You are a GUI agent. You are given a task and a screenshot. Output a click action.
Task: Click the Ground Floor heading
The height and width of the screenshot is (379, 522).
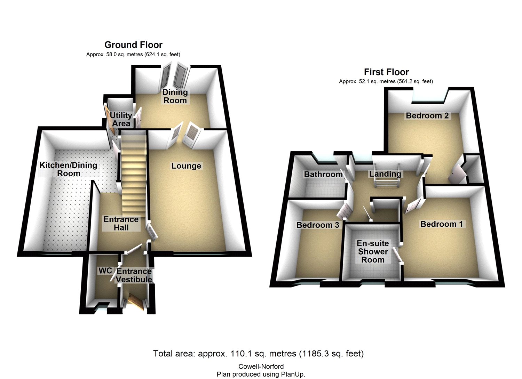pyautogui.click(x=133, y=45)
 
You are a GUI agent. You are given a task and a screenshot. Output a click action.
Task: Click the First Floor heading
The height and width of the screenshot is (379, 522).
pyautogui.click(x=386, y=72)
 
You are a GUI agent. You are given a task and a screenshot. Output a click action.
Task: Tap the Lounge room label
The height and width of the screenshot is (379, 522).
pyautogui.click(x=186, y=166)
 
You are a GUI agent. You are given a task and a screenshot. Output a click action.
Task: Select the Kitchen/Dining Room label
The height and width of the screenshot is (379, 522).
pyautogui.click(x=68, y=169)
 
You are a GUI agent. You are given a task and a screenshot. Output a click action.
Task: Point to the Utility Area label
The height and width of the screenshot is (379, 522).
pyautogui.click(x=121, y=119)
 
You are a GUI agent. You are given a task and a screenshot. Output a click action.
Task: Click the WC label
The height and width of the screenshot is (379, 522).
pyautogui.click(x=105, y=271)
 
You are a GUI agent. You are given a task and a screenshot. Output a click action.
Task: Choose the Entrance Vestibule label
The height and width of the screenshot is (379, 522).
pyautogui.click(x=134, y=275)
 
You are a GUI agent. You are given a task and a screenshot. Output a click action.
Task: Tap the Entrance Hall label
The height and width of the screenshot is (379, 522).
pyautogui.click(x=121, y=223)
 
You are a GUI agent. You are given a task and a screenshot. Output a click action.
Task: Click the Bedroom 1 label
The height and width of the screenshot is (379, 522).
pyautogui.click(x=442, y=224)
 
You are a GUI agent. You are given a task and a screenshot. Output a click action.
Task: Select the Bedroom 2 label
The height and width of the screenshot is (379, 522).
pyautogui.click(x=427, y=115)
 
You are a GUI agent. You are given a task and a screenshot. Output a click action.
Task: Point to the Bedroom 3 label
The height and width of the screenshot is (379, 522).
pyautogui.click(x=318, y=225)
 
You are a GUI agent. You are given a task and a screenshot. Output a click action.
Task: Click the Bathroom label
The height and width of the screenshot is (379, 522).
pyautogui.click(x=323, y=174)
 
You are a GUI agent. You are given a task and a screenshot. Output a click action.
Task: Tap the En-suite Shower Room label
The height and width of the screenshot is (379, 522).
pyautogui.click(x=373, y=251)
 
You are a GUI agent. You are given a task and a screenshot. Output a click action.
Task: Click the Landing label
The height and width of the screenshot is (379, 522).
pyautogui.click(x=385, y=174)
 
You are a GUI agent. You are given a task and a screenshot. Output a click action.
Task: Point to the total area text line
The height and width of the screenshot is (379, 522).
pyautogui.click(x=258, y=353)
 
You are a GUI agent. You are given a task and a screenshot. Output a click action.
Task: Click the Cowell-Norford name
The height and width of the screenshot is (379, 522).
pyautogui.click(x=261, y=366)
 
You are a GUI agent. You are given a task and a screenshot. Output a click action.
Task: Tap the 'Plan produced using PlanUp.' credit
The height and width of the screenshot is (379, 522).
pyautogui.click(x=261, y=374)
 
